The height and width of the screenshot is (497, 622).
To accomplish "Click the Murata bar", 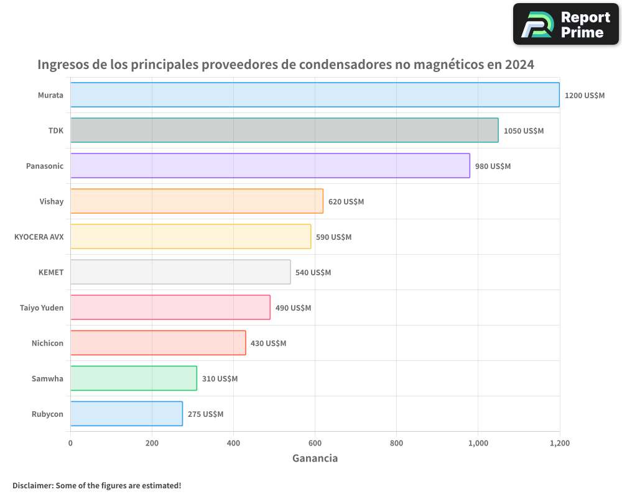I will (x=315, y=95).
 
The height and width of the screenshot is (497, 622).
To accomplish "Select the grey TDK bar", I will (x=284, y=130).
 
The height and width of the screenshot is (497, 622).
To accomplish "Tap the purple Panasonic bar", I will (x=270, y=166).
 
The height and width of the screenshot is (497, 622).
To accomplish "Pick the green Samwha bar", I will (x=134, y=378).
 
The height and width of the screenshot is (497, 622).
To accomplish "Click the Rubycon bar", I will (x=126, y=414).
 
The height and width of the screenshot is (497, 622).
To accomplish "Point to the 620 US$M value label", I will (x=346, y=202).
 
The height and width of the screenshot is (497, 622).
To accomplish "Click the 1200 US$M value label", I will (x=584, y=96).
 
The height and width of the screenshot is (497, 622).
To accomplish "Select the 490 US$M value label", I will (x=293, y=308).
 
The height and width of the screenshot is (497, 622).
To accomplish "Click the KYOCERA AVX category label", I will (x=39, y=237).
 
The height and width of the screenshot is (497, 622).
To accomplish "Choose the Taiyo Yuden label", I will (x=42, y=308).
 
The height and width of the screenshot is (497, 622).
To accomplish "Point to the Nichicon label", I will (x=47, y=343).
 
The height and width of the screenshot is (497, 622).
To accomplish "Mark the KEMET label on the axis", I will (x=51, y=272).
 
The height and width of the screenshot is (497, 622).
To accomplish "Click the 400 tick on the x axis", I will (x=233, y=444).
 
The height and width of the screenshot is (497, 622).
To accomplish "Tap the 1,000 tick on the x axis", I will (x=478, y=444).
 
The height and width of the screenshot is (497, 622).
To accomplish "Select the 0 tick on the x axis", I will (x=70, y=444).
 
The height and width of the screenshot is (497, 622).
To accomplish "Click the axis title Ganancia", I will (x=315, y=458).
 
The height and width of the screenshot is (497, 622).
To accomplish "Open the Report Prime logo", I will (x=566, y=24).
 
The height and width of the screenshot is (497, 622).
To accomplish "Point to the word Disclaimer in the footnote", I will (x=32, y=485).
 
